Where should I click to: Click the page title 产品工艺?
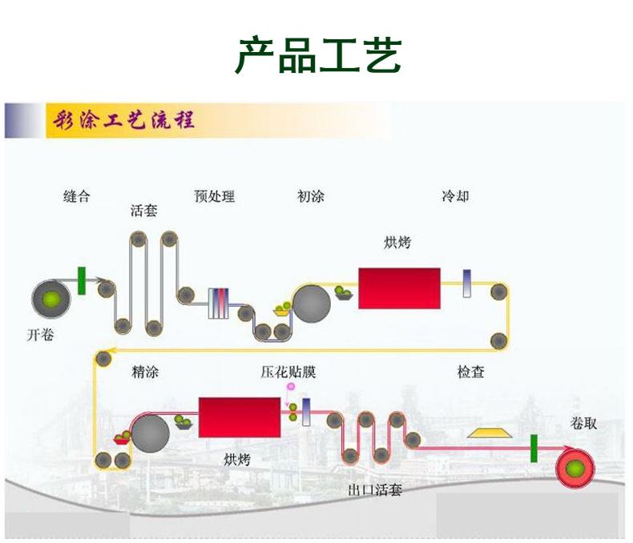tap(317, 54)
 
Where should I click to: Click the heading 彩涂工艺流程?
tap(123, 122)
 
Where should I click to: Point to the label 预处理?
tap(215, 196)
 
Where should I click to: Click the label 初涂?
tap(310, 196)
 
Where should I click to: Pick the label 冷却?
tap(455, 196)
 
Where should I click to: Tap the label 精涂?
tap(144, 372)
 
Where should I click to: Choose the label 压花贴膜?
tap(288, 372)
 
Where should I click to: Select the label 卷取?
tap(583, 423)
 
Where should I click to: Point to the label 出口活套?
tap(375, 489)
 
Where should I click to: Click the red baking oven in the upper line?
tap(399, 288)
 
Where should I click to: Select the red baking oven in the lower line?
tap(239, 416)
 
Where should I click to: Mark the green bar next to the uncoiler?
tap(82, 281)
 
